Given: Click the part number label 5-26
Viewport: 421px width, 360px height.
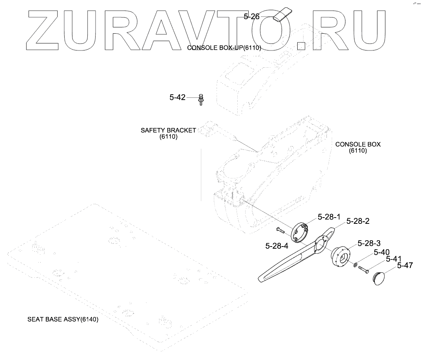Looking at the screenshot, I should coord(251,17).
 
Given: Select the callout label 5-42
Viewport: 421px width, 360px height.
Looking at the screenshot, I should coord(177,97).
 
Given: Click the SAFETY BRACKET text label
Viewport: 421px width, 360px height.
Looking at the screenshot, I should coord(168,130).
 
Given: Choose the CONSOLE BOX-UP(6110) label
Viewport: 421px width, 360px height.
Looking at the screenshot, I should coord(224,48).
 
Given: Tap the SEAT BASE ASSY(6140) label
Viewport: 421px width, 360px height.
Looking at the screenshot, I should coord(63,319).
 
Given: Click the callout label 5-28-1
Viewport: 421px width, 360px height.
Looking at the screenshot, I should coord(329,216).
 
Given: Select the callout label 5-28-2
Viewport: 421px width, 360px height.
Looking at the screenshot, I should coord(358,221).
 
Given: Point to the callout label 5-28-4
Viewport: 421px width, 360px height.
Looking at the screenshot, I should coord(277,246).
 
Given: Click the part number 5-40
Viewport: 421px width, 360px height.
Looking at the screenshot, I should coord(381,252).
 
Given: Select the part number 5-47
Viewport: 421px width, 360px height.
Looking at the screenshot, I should coord(405,265).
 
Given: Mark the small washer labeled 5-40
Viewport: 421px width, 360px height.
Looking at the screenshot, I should coord(355,265).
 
